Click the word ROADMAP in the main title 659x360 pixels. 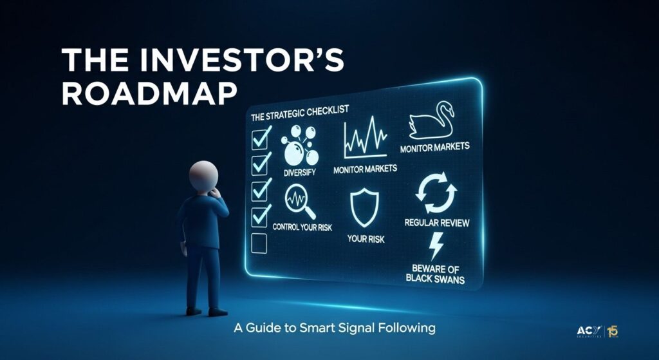pyautogui.click(x=149, y=93)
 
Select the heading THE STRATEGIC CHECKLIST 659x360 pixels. pyautogui.click(x=300, y=113)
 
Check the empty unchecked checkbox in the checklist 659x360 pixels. pyautogui.click(x=259, y=243)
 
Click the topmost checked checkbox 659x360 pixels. pyautogui.click(x=261, y=138)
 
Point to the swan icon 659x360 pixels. pyautogui.click(x=431, y=120)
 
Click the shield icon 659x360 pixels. pyautogui.click(x=364, y=207)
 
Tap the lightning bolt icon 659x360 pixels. pyautogui.click(x=436, y=246)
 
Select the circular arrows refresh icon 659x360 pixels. pyautogui.click(x=436, y=194)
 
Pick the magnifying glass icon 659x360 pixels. pyautogui.click(x=300, y=202)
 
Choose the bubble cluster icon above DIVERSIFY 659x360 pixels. pyautogui.click(x=300, y=146)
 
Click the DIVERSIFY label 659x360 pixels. pyautogui.click(x=300, y=173)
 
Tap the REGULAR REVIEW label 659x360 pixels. pyautogui.click(x=437, y=222)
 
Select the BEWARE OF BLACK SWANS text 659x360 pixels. pyautogui.click(x=436, y=273)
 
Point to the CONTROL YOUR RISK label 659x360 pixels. pyautogui.click(x=302, y=227)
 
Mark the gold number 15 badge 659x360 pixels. pyautogui.click(x=613, y=332)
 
